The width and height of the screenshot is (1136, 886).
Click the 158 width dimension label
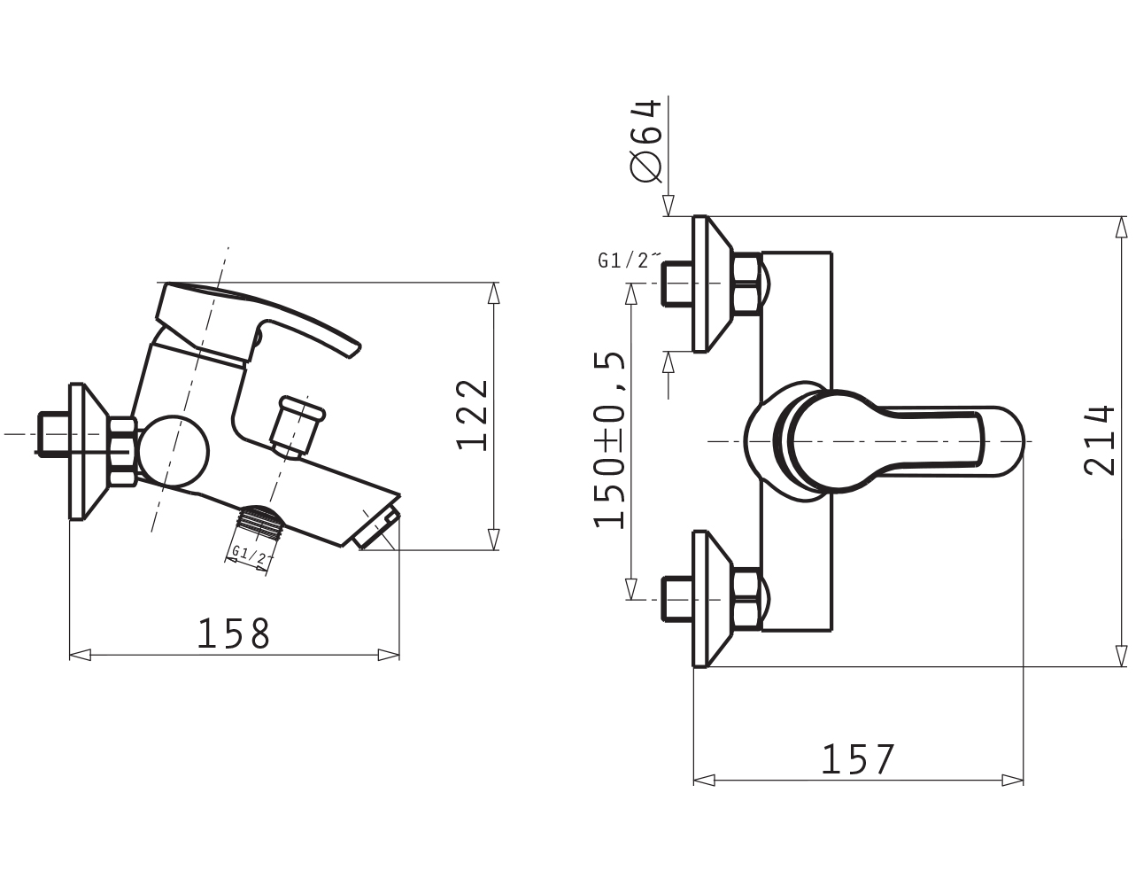(233, 633)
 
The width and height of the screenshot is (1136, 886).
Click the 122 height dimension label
(473, 416)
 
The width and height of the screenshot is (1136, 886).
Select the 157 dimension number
(858, 759)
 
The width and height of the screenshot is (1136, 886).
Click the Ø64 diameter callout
(646, 141)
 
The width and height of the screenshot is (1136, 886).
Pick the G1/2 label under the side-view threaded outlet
(250, 555)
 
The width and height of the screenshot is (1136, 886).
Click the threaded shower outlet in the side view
(258, 522)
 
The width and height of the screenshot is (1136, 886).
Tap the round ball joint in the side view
(174, 450)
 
